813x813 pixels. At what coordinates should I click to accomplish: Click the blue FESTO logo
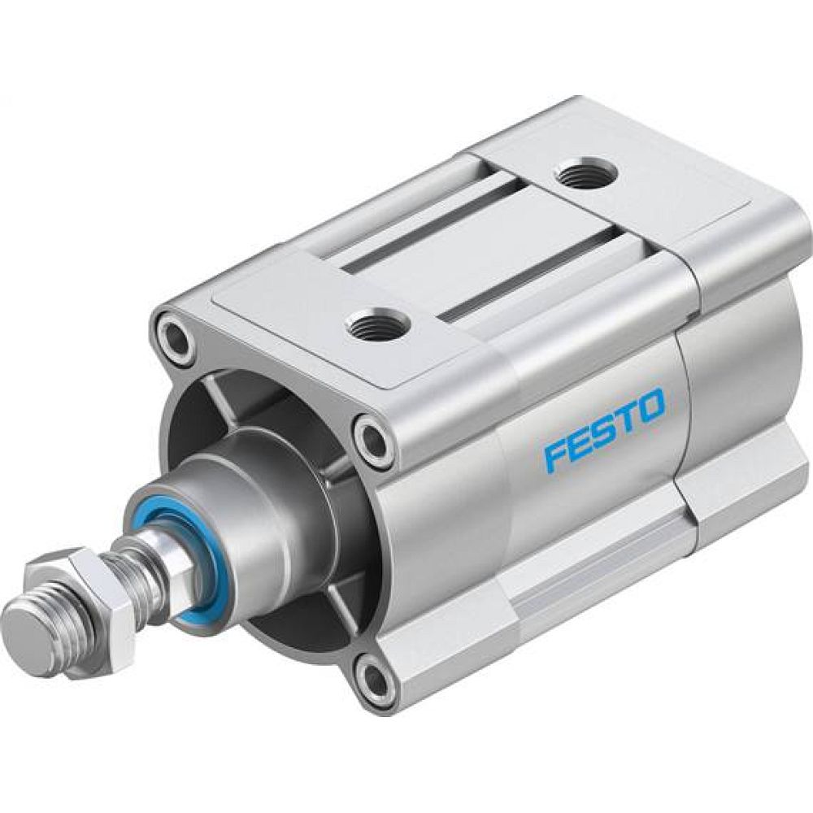point(604,429)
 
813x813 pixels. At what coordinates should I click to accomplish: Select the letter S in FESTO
point(603,429)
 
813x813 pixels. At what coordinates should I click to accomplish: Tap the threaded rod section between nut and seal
point(134,569)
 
